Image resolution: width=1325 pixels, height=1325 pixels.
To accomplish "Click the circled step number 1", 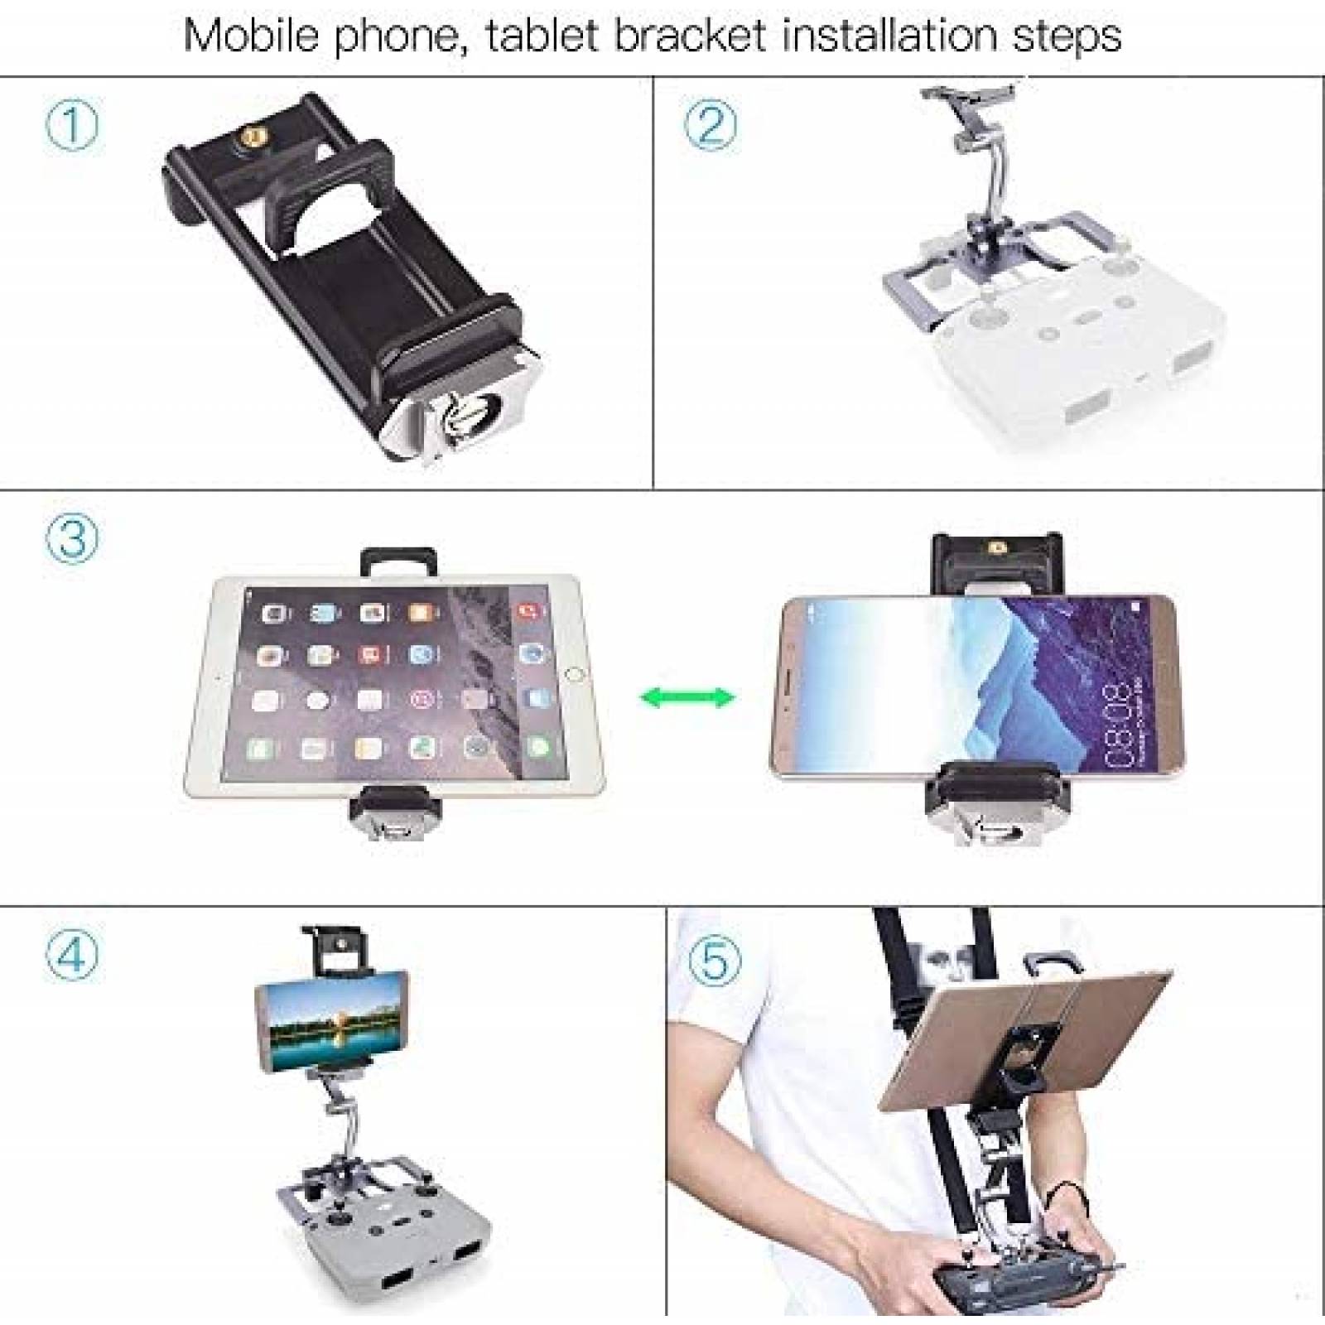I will coord(71,125).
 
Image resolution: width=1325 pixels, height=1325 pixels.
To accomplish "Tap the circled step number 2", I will coord(710,125).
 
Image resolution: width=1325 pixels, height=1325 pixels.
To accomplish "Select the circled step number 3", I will coord(72,539).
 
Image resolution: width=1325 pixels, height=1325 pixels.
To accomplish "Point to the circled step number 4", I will coord(72,953).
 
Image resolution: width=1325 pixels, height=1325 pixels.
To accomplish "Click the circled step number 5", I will coord(715,961).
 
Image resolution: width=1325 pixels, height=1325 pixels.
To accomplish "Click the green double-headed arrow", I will coord(687,696).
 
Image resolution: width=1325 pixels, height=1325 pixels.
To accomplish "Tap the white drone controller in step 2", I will coord(1060,348).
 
